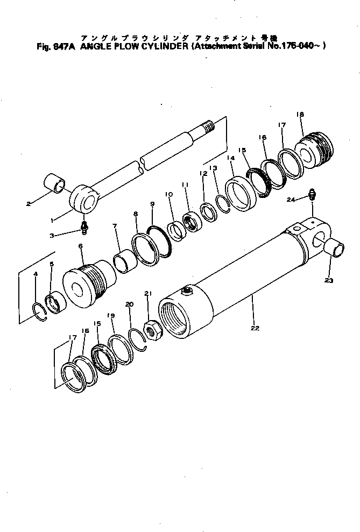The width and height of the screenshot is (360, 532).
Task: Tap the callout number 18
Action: coord(300,115)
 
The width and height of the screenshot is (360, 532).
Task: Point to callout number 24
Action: coord(290,200)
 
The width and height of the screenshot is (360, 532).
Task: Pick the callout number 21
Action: coord(148,293)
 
